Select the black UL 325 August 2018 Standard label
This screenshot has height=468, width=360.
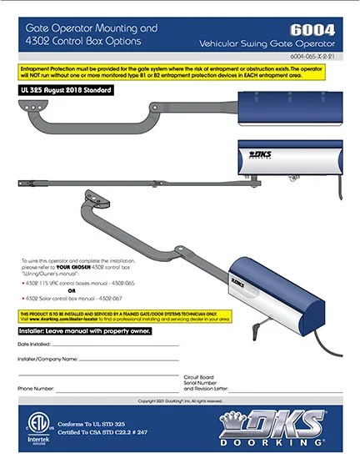pos(57,89)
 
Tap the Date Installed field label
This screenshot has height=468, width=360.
pos(36,345)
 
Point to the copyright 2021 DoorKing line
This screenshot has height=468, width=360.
pos(180,400)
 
